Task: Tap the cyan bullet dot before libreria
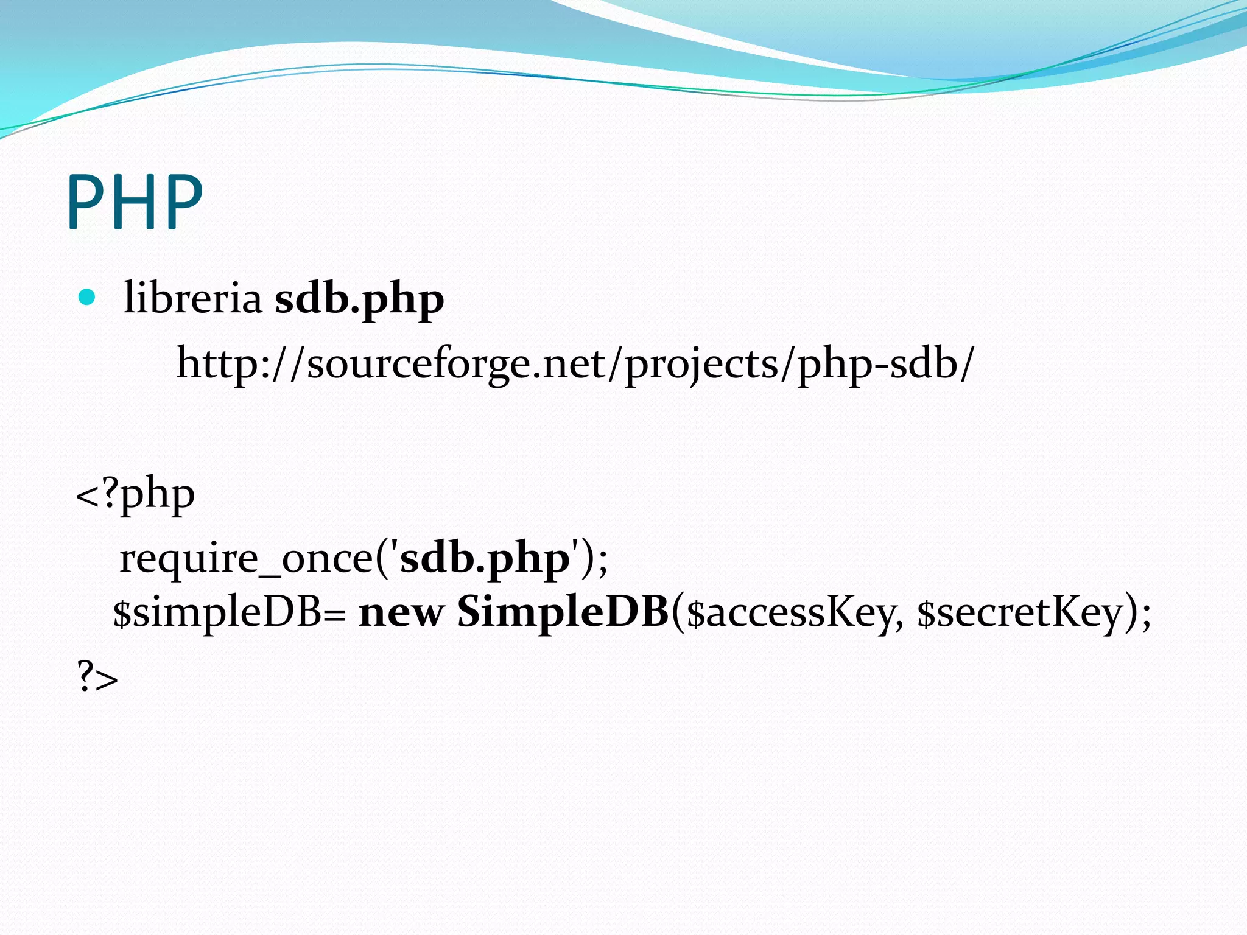tap(88, 297)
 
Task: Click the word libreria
tap(192, 298)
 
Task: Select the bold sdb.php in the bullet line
tap(359, 299)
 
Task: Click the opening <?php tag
tap(135, 494)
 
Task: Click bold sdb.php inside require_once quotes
tap(484, 558)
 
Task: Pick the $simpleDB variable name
tap(217, 612)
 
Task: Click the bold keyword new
tap(401, 612)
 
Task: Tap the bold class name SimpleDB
tap(563, 612)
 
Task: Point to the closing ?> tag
tap(97, 678)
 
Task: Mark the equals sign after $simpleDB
tap(334, 615)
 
